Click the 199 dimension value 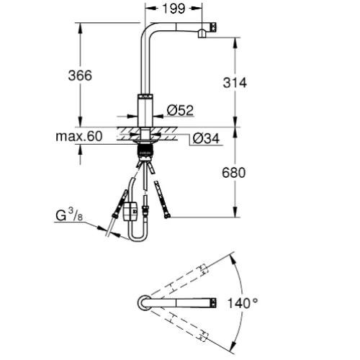click(x=174, y=9)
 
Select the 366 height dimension click(x=80, y=76)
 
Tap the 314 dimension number click(x=235, y=83)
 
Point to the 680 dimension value click(x=233, y=173)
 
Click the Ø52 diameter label click(x=180, y=110)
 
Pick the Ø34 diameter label click(x=206, y=138)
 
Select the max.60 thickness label click(x=79, y=136)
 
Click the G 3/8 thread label click(x=69, y=215)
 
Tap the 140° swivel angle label click(x=243, y=303)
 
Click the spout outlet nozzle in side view click(x=202, y=33)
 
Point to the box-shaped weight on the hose click(x=130, y=211)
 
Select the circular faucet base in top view click(x=144, y=302)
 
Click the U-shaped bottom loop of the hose click(x=138, y=239)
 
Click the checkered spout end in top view click(x=213, y=302)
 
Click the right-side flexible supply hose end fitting click(x=166, y=216)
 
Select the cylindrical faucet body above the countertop click(x=145, y=110)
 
